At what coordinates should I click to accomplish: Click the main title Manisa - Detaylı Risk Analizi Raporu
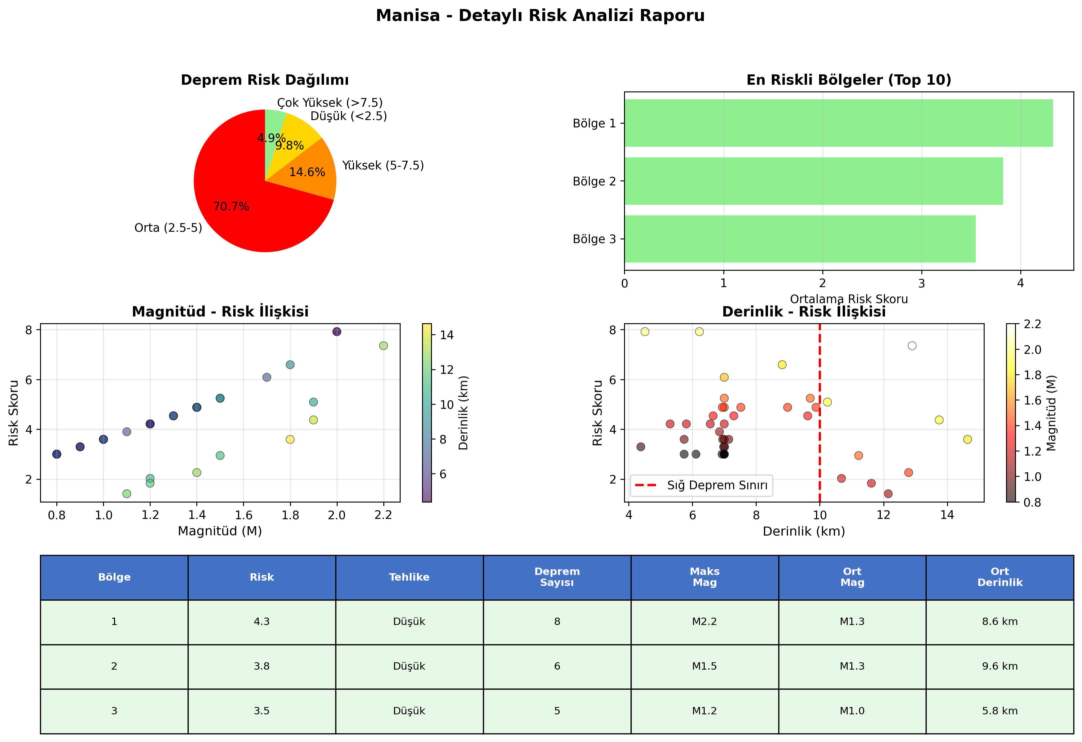540,15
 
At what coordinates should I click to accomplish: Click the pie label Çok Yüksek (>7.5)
330,102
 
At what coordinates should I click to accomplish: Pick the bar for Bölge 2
813,181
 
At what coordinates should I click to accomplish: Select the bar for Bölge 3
800,239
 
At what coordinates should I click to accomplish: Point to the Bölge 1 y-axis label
594,123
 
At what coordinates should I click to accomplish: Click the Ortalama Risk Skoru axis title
849,299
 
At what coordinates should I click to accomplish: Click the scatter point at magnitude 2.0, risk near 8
337,331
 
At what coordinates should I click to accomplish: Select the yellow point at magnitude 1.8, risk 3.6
290,439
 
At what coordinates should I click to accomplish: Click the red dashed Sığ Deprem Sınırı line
819,413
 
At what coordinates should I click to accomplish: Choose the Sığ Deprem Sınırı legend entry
702,485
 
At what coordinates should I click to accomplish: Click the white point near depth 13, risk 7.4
912,345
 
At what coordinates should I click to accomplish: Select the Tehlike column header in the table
409,577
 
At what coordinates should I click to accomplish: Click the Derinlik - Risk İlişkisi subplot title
804,311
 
